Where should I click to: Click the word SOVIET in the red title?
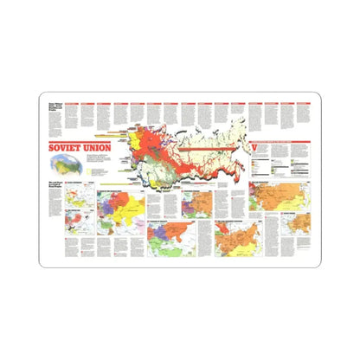65,145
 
